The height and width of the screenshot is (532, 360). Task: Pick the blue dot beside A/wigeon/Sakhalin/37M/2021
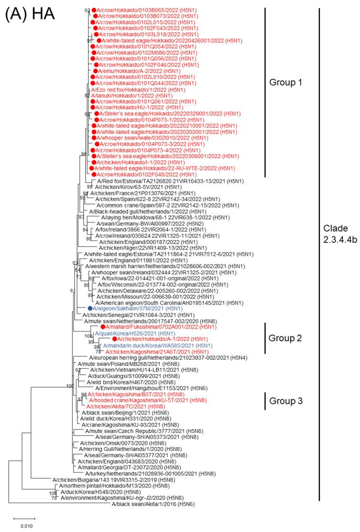[x=89, y=308]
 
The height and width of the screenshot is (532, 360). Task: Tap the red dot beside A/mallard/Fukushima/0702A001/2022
[x=102, y=327]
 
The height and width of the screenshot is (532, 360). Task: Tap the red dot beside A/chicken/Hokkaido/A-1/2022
[x=114, y=340]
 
